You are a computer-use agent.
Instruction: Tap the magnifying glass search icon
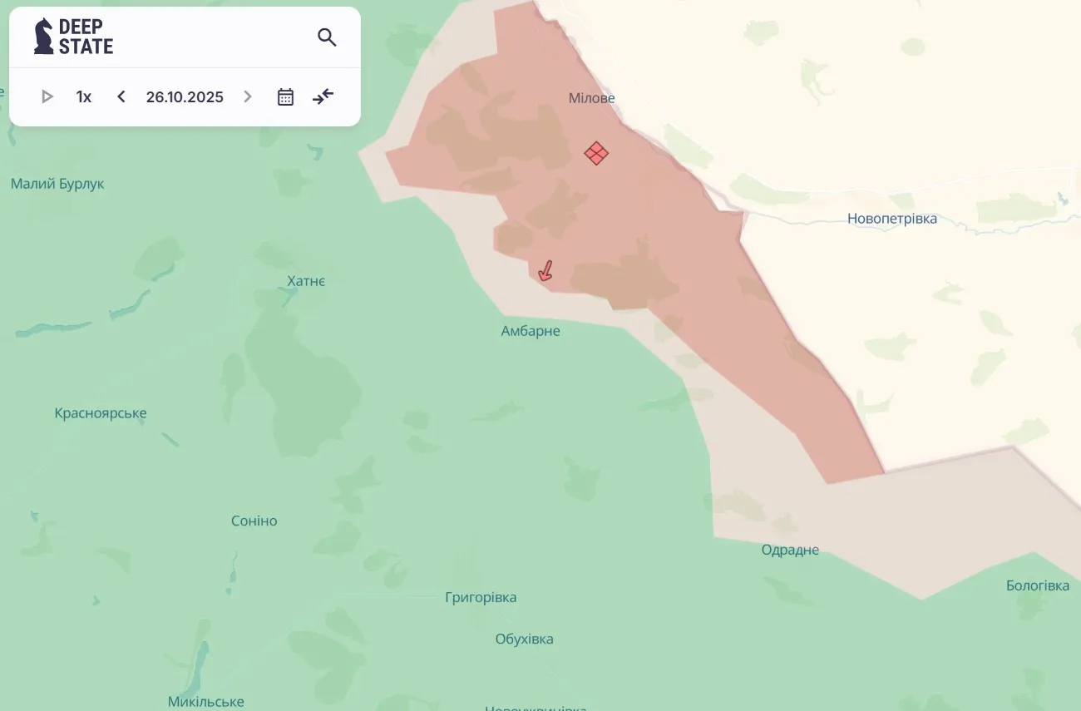327,37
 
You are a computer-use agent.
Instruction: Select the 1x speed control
84,96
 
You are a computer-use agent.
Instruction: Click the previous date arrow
121,96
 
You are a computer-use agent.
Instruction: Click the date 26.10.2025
185,96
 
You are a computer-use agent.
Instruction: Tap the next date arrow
248,96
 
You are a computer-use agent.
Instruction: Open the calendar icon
285,96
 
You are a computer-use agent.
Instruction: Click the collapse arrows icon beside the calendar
323,96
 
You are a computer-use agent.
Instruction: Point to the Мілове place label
591,98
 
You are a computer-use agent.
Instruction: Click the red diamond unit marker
596,153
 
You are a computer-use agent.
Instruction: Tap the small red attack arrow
545,271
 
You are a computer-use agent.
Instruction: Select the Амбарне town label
531,331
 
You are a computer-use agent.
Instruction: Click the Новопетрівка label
891,219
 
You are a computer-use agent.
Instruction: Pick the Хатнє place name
306,281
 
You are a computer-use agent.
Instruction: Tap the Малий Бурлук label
57,184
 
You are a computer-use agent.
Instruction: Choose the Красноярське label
101,413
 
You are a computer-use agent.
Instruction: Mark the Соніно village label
254,521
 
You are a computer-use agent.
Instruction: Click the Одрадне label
790,550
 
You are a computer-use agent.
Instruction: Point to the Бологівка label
1037,585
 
